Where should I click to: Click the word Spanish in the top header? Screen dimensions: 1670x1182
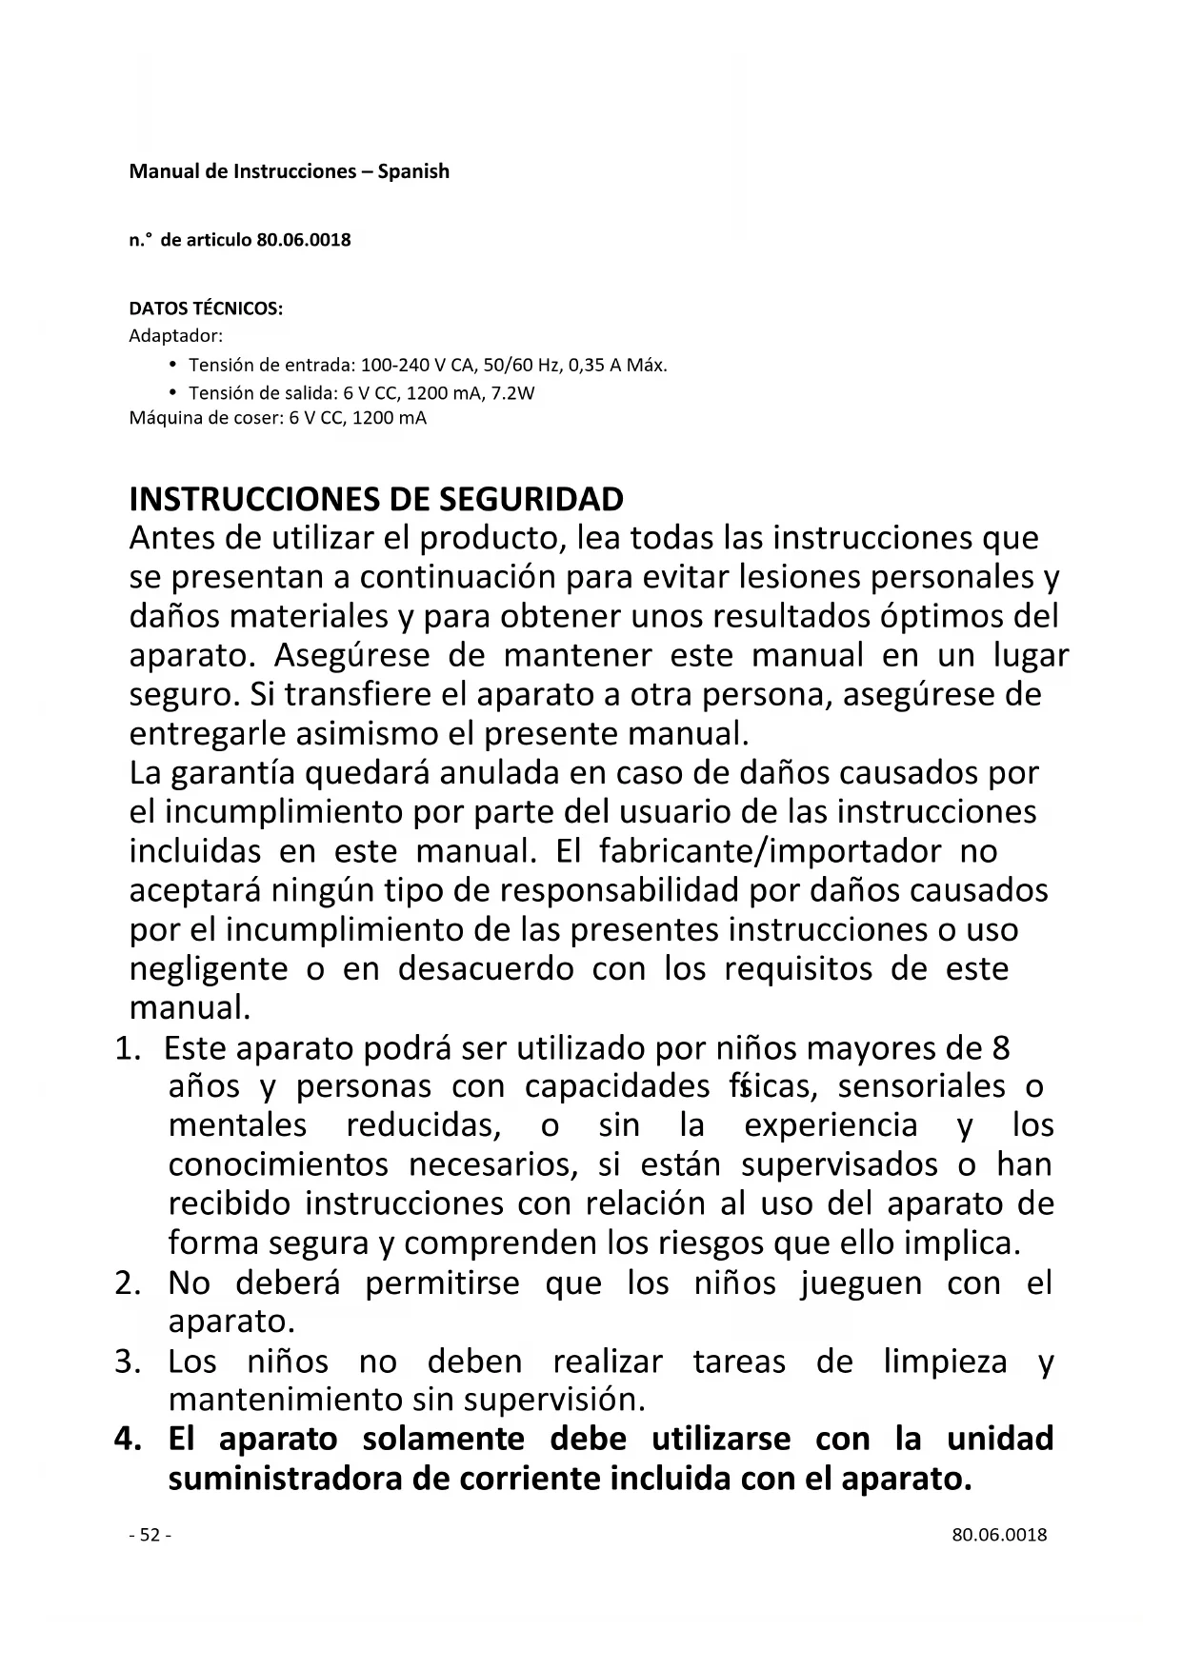413,172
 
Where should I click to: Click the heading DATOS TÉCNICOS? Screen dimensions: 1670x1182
206,309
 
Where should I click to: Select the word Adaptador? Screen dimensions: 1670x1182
175,336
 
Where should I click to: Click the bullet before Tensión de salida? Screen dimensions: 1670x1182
172,392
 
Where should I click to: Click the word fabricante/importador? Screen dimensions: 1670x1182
771,850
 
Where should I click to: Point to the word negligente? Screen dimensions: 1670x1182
209,968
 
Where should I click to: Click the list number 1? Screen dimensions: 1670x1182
128,1049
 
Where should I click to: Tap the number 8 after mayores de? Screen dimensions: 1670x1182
1000,1048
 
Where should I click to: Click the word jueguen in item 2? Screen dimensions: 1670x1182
861,1283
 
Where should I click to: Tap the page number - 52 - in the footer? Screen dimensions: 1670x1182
150,1535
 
